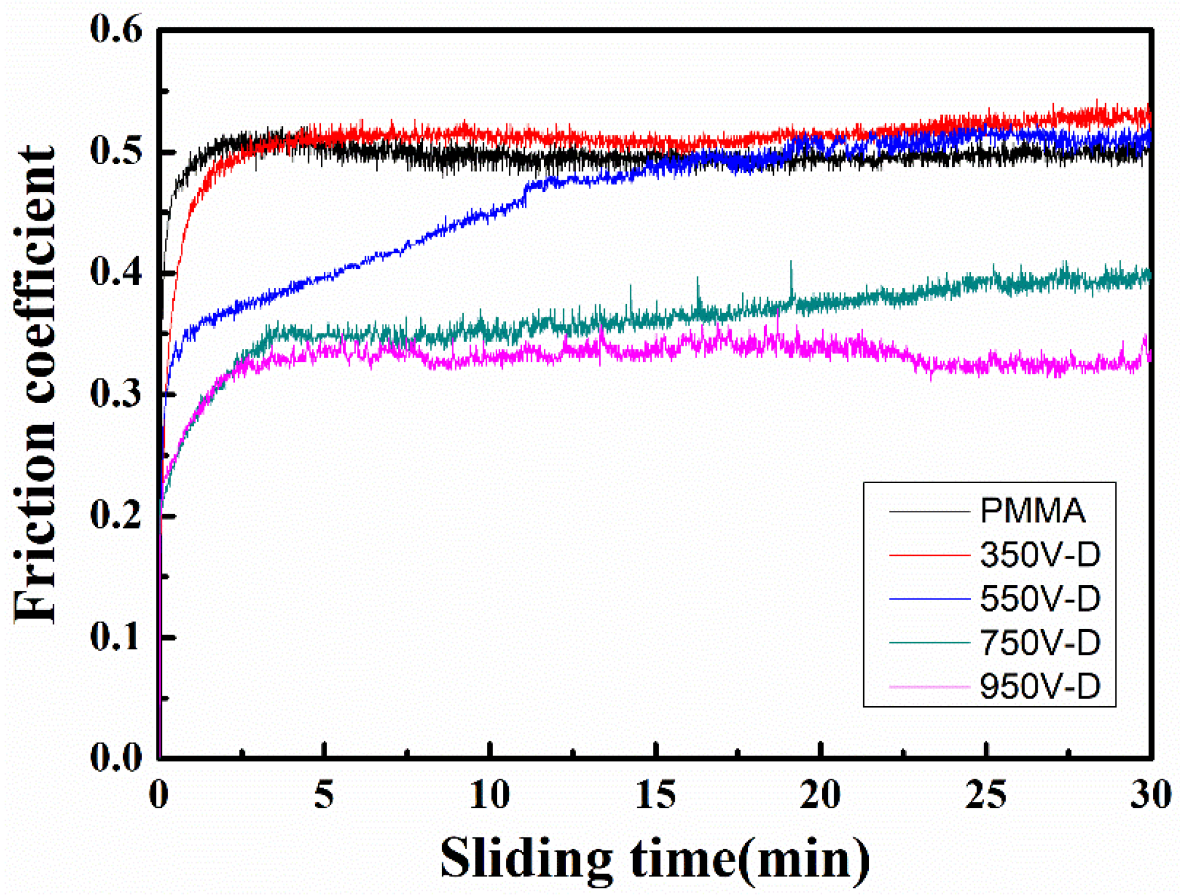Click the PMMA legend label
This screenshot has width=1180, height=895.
pyautogui.click(x=1032, y=511)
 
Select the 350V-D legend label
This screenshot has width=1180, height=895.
pyautogui.click(x=1040, y=555)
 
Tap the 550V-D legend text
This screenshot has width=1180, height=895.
pyautogui.click(x=1040, y=598)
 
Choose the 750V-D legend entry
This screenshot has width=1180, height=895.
pyautogui.click(x=1040, y=642)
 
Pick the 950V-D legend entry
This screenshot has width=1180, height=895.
pyautogui.click(x=1040, y=686)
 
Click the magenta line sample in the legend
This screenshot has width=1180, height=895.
pyautogui.click(x=929, y=687)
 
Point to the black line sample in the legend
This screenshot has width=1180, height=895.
pyautogui.click(x=929, y=511)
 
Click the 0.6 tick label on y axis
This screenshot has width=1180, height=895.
pyautogui.click(x=116, y=29)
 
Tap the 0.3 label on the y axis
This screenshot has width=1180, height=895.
pyautogui.click(x=116, y=395)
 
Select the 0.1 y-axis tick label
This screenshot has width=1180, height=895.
pyautogui.click(x=116, y=638)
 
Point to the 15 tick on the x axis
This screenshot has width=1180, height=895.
pyautogui.click(x=656, y=795)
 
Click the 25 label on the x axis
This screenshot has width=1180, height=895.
pyautogui.click(x=986, y=795)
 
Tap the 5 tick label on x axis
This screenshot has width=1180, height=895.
pyautogui.click(x=324, y=795)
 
